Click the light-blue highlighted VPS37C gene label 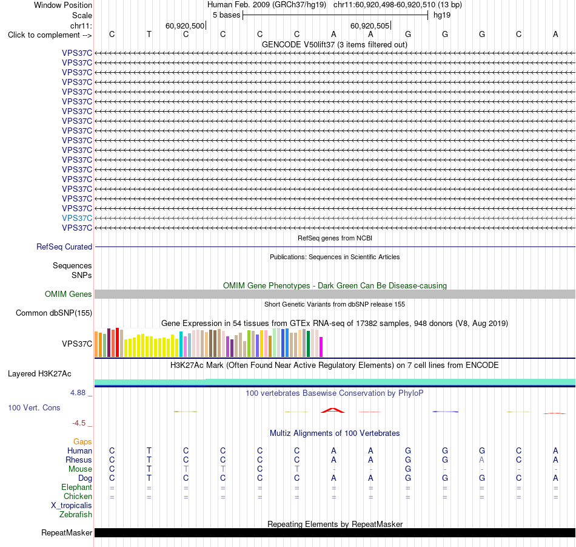coord(77,218)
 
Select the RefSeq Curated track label coord(64,247)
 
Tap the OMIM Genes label coord(68,294)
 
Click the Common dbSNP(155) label coord(53,313)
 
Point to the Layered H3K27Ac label coord(39,374)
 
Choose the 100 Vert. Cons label coord(34,407)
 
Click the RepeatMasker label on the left coord(67,532)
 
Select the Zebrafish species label coord(76,515)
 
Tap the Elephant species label coord(76,488)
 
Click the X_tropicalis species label coord(72,506)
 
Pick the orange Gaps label coord(82,442)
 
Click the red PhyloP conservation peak coord(333,410)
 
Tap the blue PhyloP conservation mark coord(445,412)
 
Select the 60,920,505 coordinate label coord(370,25)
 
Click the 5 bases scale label coord(226,15)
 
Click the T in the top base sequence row coord(149,34)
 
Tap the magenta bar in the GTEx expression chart coord(321,347)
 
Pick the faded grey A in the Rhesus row coord(481,460)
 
